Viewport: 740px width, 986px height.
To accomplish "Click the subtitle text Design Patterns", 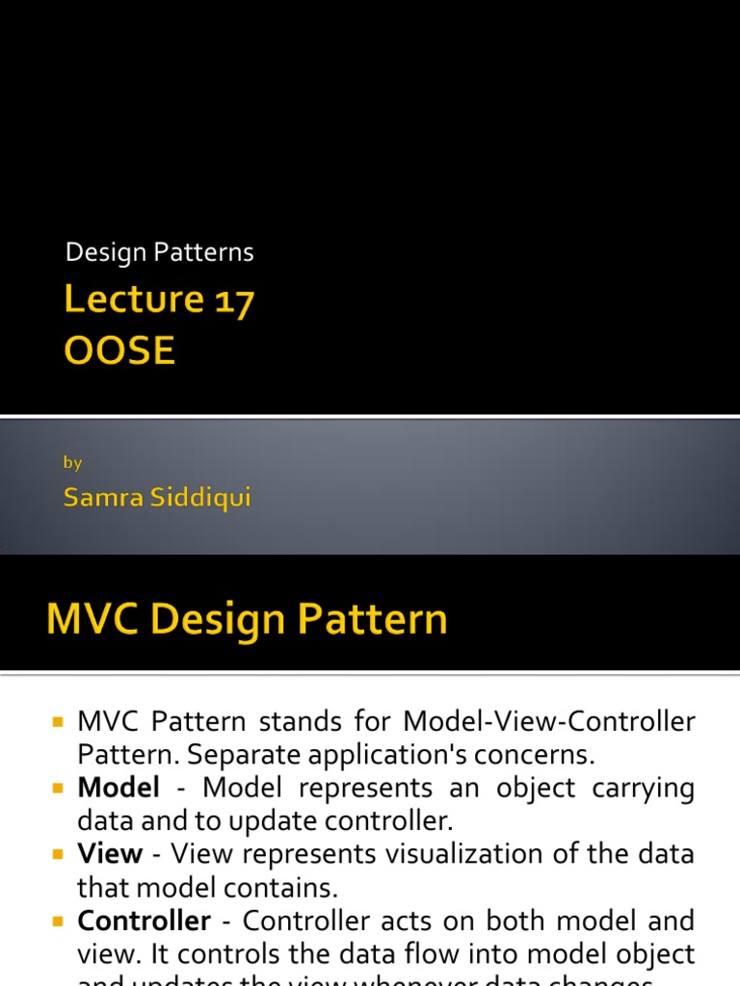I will point(159,252).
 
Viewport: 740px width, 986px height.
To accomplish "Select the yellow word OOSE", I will point(119,351).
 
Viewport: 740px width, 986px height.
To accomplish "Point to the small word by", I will point(72,462).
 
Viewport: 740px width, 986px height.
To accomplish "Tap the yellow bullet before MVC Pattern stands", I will point(57,722).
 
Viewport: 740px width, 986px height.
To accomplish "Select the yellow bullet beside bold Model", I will point(57,789).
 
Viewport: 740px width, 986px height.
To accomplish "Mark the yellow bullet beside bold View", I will point(57,855).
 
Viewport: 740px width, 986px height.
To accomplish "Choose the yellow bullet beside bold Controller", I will point(57,921).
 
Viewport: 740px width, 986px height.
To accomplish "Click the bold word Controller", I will point(144,921).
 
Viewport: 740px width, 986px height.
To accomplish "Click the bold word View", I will point(110,855).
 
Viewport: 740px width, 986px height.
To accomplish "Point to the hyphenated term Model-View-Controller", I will point(549,721).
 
